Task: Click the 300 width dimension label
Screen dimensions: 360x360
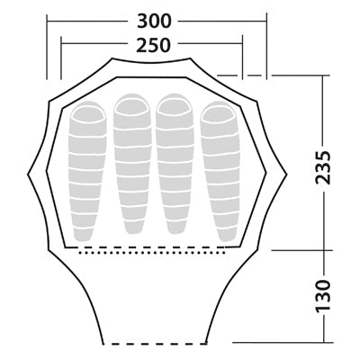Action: click(154, 22)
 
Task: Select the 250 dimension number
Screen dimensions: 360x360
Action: click(153, 45)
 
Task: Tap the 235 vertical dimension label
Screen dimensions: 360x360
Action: click(323, 167)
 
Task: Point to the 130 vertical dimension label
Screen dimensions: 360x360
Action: click(323, 296)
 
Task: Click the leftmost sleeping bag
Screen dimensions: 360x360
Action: click(87, 171)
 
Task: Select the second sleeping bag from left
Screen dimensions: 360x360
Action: click(132, 164)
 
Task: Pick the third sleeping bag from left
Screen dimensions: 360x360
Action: click(175, 164)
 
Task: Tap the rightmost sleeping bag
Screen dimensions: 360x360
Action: click(220, 171)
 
